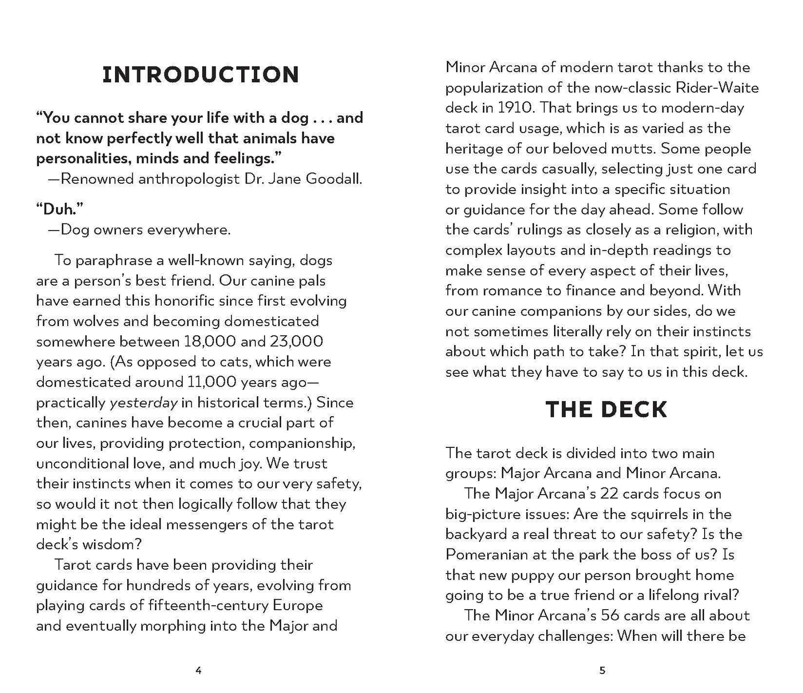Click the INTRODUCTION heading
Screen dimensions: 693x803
click(201, 74)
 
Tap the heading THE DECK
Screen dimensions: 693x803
click(606, 410)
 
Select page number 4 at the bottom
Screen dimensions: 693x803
click(199, 671)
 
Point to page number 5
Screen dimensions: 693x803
click(602, 671)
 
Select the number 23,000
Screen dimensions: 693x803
click(296, 341)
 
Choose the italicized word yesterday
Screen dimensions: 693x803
click(144, 403)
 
